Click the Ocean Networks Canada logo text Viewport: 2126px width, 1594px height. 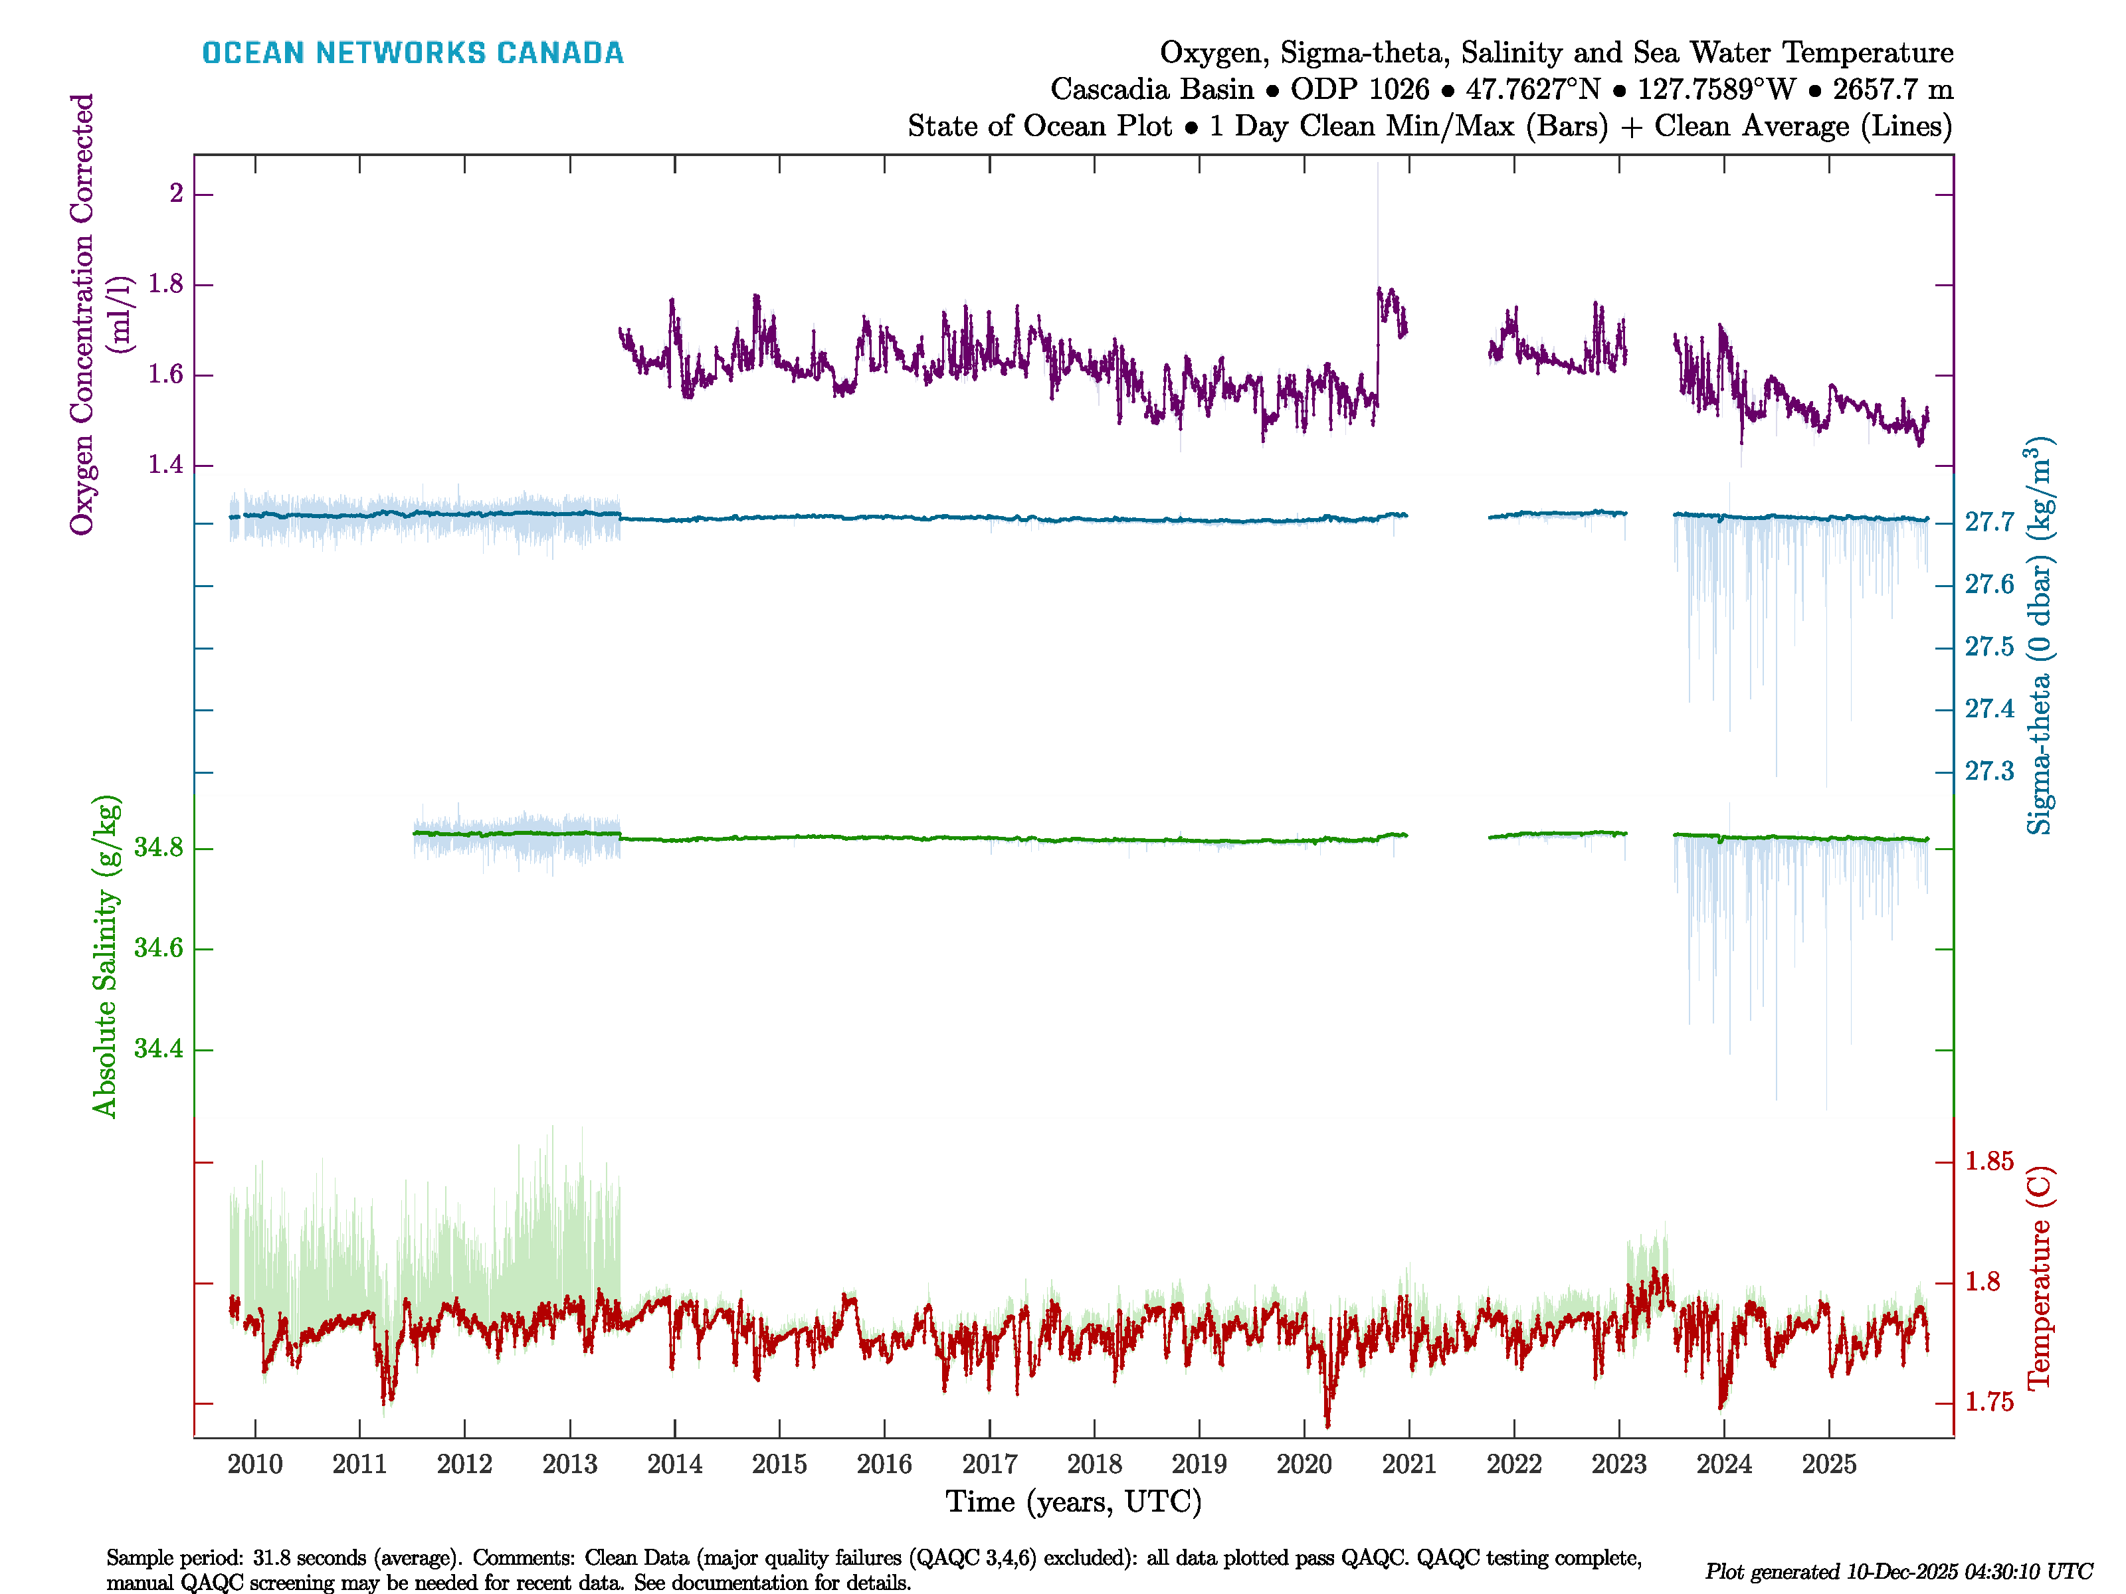click(413, 53)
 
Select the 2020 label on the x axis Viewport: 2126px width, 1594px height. click(1304, 1464)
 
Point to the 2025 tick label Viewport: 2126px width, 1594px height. click(1828, 1464)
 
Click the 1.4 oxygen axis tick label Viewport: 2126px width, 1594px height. click(164, 465)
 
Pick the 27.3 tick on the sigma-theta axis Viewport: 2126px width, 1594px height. click(1988, 772)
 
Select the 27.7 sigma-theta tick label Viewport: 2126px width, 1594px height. click(1988, 523)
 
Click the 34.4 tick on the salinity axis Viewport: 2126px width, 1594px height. click(159, 1048)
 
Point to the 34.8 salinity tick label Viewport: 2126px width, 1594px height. click(159, 847)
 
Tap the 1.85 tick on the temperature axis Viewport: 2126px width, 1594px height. click(1988, 1162)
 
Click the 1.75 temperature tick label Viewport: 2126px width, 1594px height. click(1988, 1403)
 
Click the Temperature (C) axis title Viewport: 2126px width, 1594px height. click(2038, 1278)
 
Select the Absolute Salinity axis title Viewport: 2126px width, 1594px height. click(105, 956)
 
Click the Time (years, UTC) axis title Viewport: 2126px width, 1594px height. click(1074, 1502)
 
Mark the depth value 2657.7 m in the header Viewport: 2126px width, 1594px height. click(1892, 90)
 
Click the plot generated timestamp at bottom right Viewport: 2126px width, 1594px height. click(1898, 1572)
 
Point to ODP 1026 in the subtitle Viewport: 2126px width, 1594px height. click(1360, 90)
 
